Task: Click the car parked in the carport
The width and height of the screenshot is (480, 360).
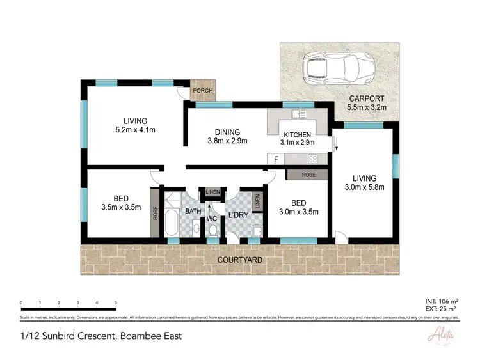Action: click(x=333, y=68)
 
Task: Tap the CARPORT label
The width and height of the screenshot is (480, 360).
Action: click(x=366, y=99)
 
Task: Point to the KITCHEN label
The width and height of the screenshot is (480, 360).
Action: click(x=298, y=135)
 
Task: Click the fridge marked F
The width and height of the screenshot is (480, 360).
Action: click(x=276, y=159)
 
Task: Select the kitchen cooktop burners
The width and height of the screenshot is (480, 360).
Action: click(x=313, y=159)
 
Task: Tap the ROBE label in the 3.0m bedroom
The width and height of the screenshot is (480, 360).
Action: click(x=308, y=173)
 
